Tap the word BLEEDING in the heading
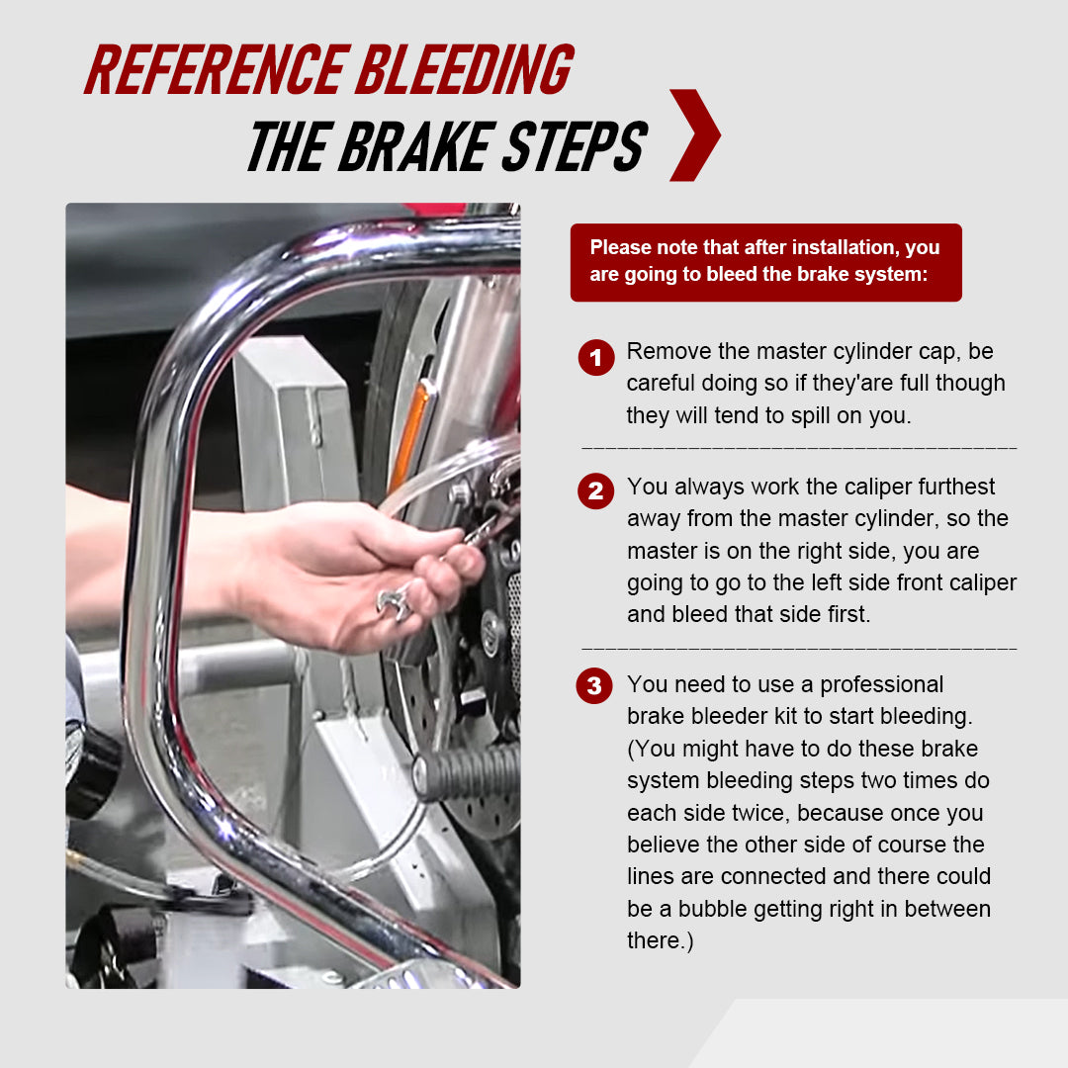pos(465,70)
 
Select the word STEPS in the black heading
pos(574,147)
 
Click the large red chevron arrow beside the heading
pos(694,135)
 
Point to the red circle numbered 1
pos(595,357)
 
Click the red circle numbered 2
pos(595,491)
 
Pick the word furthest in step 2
pos(950,487)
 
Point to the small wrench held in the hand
pos(395,603)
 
